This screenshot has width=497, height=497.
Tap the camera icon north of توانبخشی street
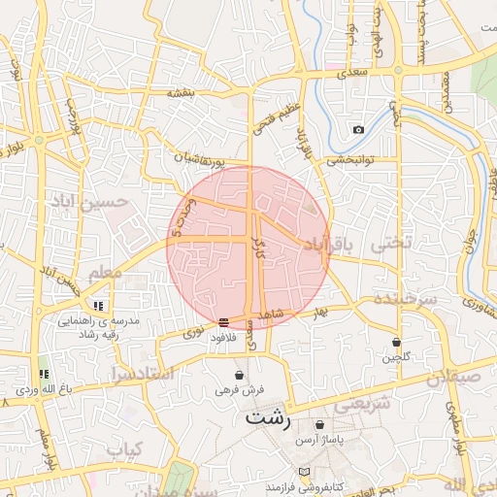point(358,129)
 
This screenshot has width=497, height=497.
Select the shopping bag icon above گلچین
point(396,342)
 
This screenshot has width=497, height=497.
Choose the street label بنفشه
point(182,93)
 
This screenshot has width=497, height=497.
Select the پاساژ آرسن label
point(321,440)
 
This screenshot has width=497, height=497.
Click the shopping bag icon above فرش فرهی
point(239,375)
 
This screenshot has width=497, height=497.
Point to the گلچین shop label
point(396,357)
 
